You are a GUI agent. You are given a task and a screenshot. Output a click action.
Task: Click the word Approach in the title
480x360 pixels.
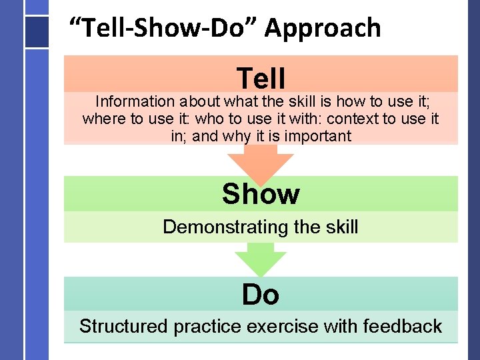tap(323, 29)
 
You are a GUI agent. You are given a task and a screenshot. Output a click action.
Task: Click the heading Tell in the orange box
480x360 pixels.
tap(261, 78)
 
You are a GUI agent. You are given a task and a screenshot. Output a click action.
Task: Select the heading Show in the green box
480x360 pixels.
tap(261, 194)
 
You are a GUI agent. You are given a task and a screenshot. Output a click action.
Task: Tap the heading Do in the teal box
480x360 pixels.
tap(261, 294)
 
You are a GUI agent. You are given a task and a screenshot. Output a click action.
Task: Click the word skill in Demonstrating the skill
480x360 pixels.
tap(339, 227)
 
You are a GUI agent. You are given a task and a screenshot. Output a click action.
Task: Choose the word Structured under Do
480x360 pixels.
tap(123, 327)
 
